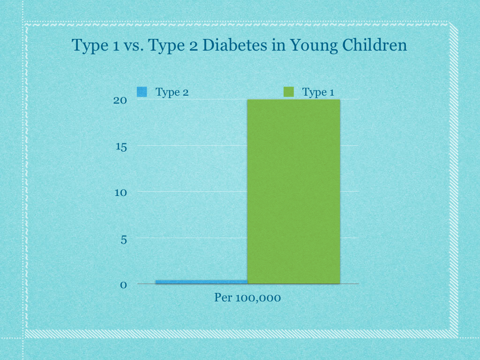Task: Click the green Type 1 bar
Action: (x=293, y=191)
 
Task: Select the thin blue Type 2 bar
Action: (x=201, y=281)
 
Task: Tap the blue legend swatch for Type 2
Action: (x=142, y=92)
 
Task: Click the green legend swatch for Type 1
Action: (x=289, y=92)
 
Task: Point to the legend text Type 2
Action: (x=172, y=92)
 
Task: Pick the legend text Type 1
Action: (x=318, y=92)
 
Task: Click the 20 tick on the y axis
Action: (x=120, y=100)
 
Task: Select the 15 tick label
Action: (x=121, y=146)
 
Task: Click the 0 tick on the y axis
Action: (x=124, y=285)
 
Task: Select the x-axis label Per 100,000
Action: (x=247, y=297)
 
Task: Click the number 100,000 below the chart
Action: (x=258, y=297)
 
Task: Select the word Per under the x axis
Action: (x=223, y=297)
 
